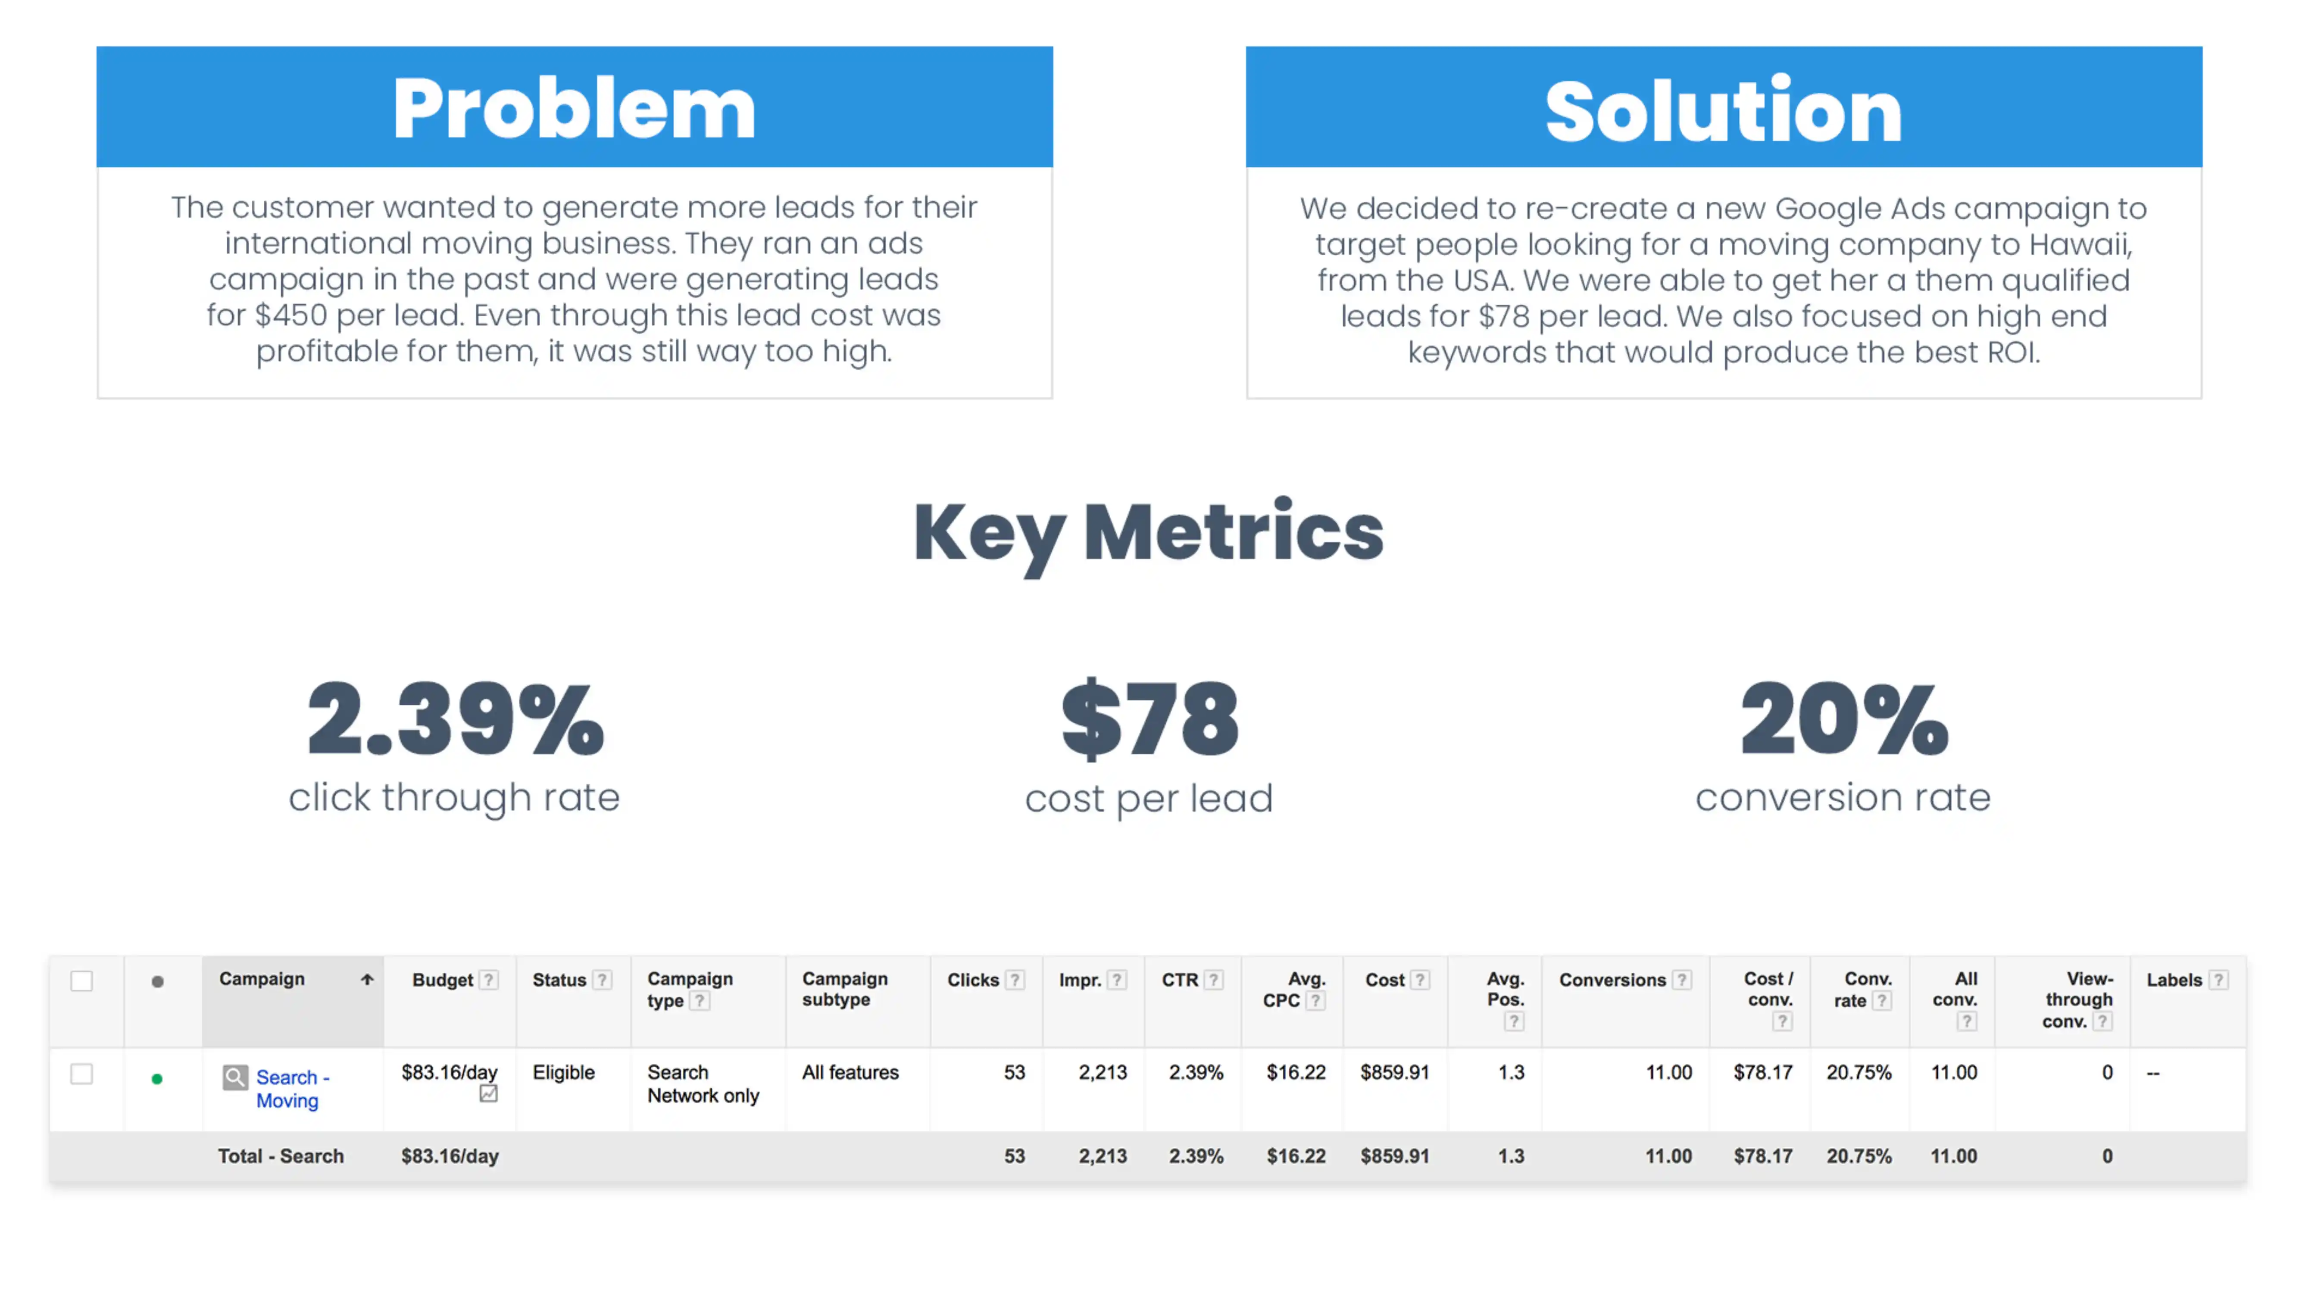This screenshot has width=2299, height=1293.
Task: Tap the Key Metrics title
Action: pos(1149,533)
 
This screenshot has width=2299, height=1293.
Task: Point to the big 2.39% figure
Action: pos(455,719)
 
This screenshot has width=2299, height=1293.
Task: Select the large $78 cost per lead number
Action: pos(1149,719)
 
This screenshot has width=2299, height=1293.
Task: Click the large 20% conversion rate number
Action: pos(1844,719)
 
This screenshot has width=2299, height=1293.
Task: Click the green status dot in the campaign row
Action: pos(157,1079)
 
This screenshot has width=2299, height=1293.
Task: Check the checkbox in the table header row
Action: pos(81,981)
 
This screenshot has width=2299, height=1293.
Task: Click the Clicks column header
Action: pos(973,980)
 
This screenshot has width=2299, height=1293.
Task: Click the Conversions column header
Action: pos(1612,980)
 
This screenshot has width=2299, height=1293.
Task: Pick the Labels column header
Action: pos(2174,980)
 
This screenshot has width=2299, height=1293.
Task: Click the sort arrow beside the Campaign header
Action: pos(367,979)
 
